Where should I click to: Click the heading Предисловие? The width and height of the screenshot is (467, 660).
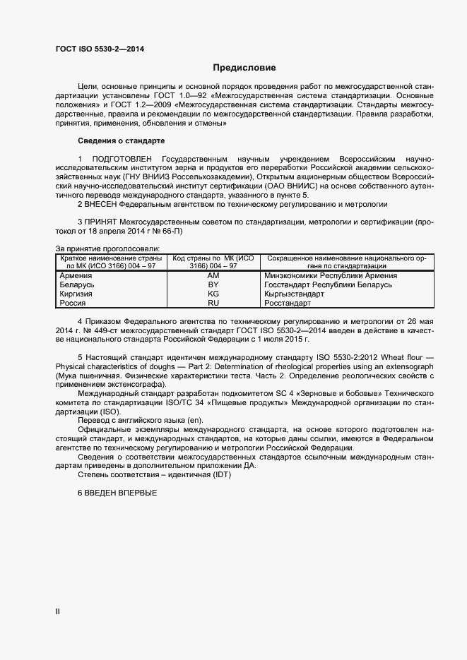(x=244, y=68)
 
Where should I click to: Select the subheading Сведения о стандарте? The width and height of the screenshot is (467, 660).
(x=121, y=140)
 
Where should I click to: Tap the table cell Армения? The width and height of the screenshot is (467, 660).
(x=75, y=275)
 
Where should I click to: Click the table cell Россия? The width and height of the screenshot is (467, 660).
(x=73, y=303)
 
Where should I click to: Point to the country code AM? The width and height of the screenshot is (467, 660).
(x=213, y=275)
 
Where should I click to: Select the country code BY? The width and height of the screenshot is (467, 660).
(x=213, y=284)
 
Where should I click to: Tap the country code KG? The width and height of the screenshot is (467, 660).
(x=213, y=294)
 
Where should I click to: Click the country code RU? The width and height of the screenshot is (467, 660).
(x=213, y=303)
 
